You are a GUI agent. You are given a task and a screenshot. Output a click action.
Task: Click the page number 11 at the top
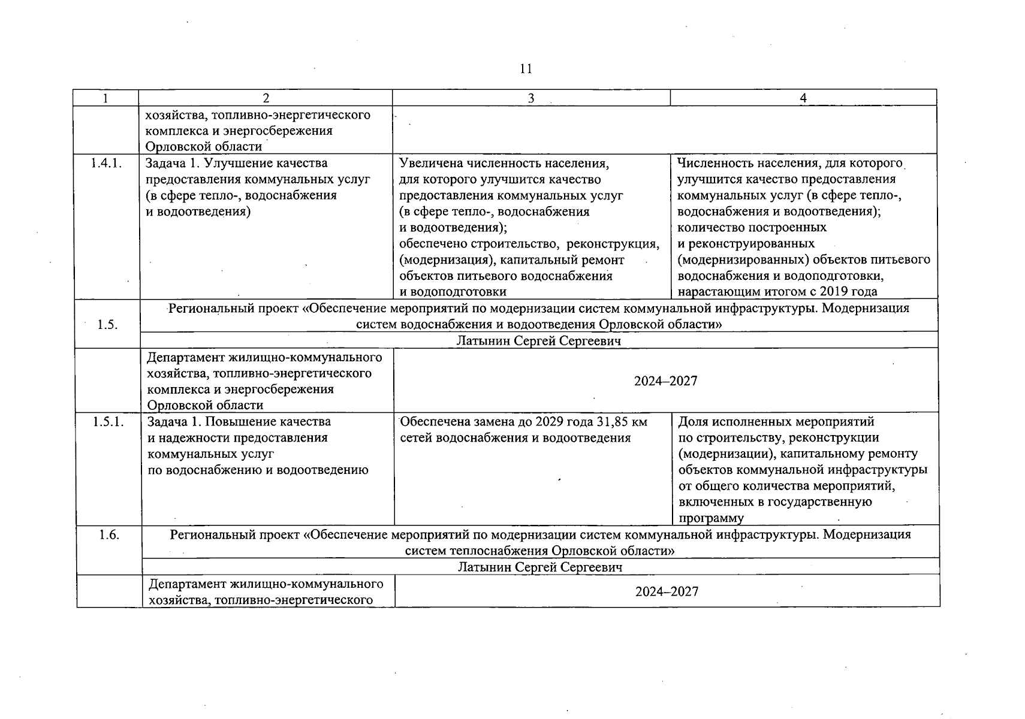coord(526,69)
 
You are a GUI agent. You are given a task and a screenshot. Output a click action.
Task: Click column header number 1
coord(105,98)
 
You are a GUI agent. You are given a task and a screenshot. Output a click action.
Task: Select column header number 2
coord(266,98)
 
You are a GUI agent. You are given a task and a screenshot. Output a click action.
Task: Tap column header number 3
coord(530,98)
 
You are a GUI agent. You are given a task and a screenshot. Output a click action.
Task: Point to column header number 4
coord(803,98)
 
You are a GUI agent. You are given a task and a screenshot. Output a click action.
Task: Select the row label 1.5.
coord(107,324)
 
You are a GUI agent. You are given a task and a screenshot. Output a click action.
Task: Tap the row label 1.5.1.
coord(108,422)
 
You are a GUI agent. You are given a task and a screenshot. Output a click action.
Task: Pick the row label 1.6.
coord(109,535)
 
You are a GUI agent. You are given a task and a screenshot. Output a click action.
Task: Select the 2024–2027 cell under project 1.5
coord(666,381)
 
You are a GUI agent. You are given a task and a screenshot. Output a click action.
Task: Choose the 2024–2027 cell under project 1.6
coord(667,591)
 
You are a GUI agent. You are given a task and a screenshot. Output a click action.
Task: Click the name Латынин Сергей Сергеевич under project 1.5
coord(539,341)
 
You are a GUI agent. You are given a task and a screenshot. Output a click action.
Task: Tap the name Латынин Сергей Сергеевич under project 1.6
coord(540,567)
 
